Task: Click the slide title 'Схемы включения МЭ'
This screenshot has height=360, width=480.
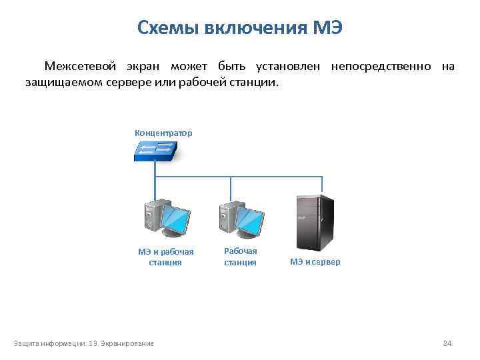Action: pos(239,28)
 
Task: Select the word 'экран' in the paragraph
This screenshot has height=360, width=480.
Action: pos(143,67)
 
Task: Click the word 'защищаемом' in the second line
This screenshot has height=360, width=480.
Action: pos(61,83)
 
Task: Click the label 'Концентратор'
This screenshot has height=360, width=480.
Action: pos(163,133)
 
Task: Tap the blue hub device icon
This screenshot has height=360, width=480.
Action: pos(154,152)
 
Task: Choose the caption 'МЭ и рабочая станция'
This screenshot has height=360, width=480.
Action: pos(165,257)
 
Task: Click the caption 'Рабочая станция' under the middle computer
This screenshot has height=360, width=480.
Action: pos(240,257)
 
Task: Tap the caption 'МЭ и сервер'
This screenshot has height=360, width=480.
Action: pos(315,262)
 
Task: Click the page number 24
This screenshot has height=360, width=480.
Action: pos(447,343)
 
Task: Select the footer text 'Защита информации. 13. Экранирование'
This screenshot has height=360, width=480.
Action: pos(83,343)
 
